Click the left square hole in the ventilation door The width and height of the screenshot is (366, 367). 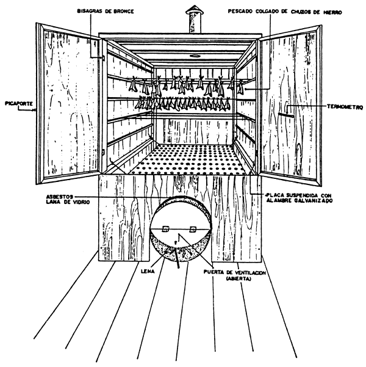pyautogui.click(x=165, y=229)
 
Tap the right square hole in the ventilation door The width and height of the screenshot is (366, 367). pyautogui.click(x=193, y=229)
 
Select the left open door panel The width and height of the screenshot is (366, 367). pyautogui.click(x=67, y=104)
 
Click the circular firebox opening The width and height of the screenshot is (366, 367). pyautogui.click(x=180, y=235)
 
